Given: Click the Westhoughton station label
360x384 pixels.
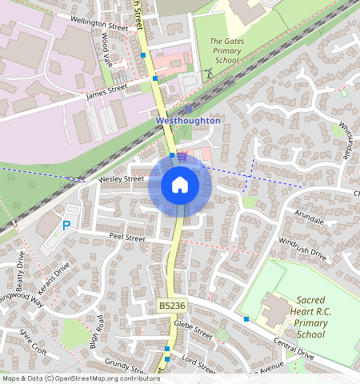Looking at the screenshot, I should point(187,120).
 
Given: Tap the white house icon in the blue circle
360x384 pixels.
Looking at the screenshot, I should point(180,185).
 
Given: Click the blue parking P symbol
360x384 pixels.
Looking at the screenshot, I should point(66,226).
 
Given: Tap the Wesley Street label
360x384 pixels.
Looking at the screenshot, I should point(120,179).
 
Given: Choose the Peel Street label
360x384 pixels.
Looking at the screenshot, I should point(126,238).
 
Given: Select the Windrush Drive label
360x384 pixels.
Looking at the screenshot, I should point(303,248).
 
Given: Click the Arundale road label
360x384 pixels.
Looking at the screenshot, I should point(309,218).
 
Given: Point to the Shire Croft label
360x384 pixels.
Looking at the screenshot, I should point(34,341).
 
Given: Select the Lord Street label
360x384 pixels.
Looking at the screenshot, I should point(199,366).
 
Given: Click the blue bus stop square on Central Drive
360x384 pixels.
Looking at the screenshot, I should point(246,318).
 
